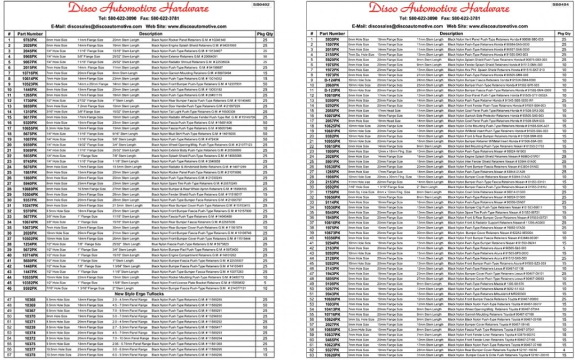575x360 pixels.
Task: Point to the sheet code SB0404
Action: pos(562,4)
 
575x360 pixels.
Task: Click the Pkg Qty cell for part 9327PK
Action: pos(563,350)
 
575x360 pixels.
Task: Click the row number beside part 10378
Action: pos(10,355)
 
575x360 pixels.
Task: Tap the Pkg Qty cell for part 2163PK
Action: pos(563,248)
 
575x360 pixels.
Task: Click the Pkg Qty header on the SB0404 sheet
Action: pos(563,34)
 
